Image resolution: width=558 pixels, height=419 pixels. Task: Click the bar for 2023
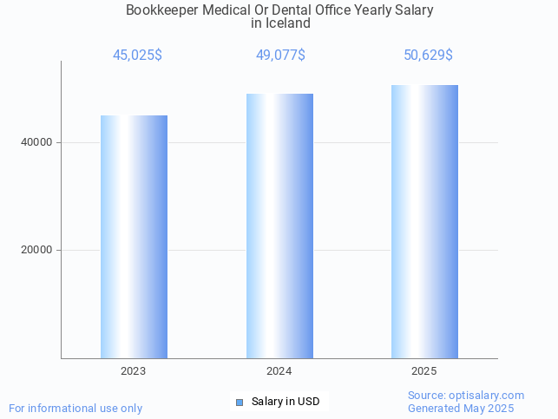pyautogui.click(x=134, y=236)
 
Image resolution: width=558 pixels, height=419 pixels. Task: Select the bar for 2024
pyautogui.click(x=279, y=226)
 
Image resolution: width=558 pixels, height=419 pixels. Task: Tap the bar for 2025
pyautogui.click(x=424, y=221)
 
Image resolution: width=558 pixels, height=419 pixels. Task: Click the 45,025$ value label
pyautogui.click(x=137, y=56)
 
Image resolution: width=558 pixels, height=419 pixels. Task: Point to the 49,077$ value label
pyautogui.click(x=280, y=56)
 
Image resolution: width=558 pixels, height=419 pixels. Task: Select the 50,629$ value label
pyautogui.click(x=428, y=56)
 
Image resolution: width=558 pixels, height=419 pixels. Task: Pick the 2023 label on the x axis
pyautogui.click(x=134, y=371)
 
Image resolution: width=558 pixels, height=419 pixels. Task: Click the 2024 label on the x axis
pyautogui.click(x=279, y=371)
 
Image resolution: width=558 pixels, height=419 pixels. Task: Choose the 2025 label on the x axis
pyautogui.click(x=424, y=371)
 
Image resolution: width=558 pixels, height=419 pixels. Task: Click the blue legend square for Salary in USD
pyautogui.click(x=240, y=402)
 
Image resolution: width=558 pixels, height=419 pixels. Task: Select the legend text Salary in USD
pyautogui.click(x=286, y=402)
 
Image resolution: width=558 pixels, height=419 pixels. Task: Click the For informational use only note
pyautogui.click(x=75, y=408)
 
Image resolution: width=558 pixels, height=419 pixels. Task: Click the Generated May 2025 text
pyautogui.click(x=461, y=408)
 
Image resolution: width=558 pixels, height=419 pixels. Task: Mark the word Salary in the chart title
pyautogui.click(x=412, y=10)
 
